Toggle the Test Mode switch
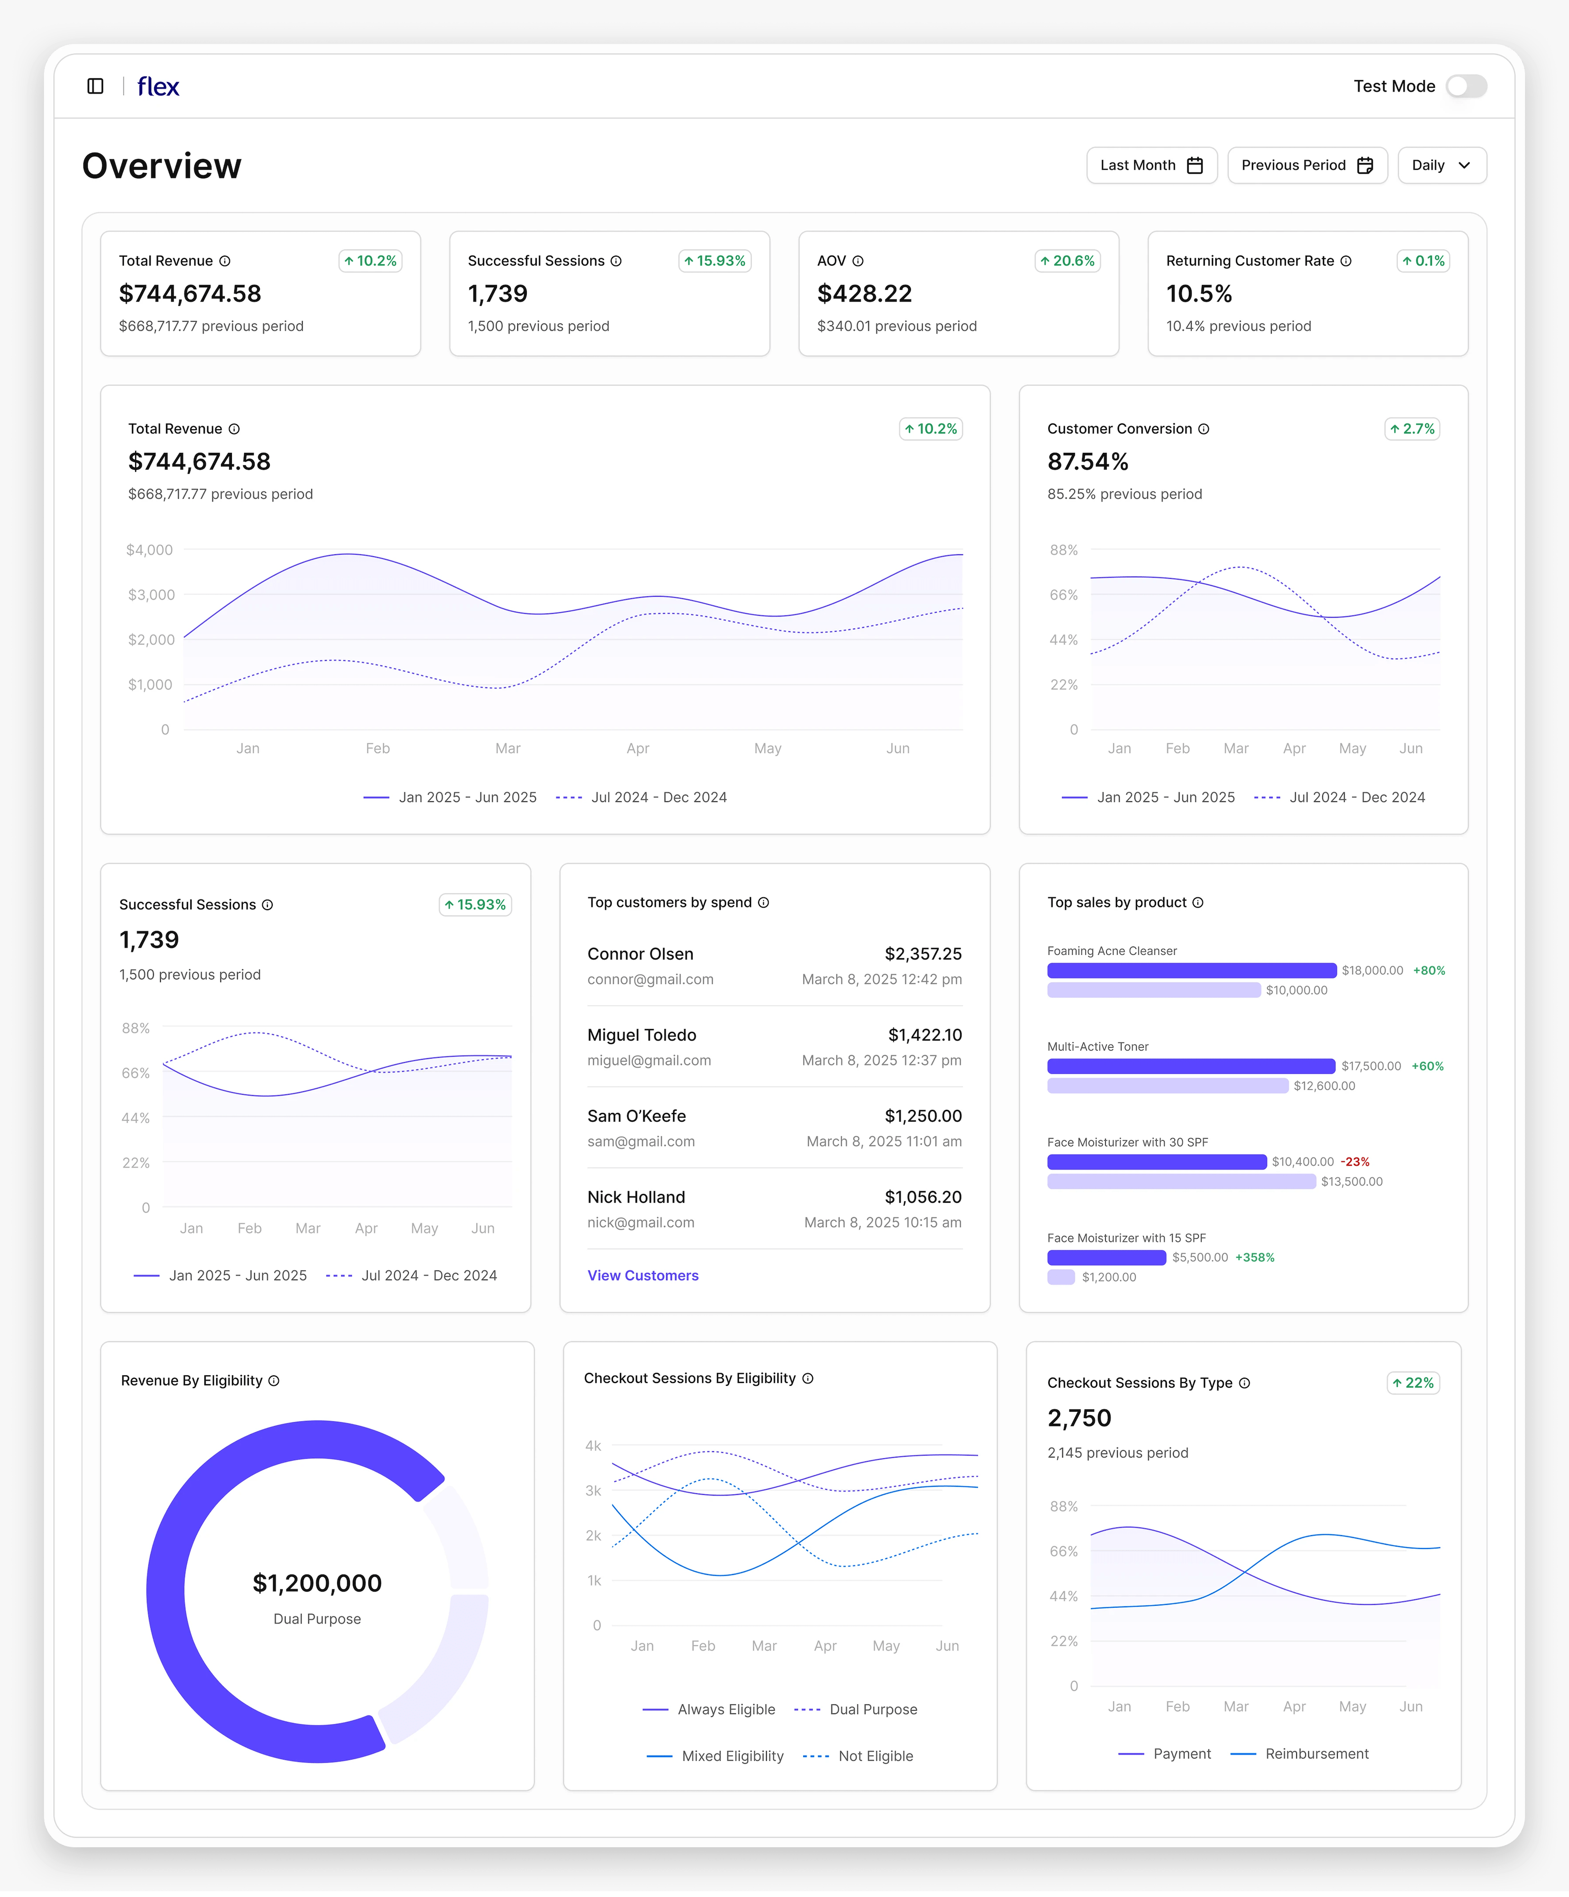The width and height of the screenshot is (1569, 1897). coord(1465,86)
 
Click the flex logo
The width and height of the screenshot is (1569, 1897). coord(158,87)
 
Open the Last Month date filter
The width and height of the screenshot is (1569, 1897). coord(1151,166)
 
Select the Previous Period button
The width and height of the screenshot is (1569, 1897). coord(1306,166)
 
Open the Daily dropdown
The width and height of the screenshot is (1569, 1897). coord(1441,166)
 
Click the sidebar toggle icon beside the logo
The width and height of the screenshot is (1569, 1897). coord(95,86)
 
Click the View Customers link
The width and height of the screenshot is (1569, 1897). coord(642,1276)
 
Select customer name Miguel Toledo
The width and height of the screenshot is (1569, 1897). coord(642,1035)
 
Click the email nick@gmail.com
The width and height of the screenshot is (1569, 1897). coord(641,1222)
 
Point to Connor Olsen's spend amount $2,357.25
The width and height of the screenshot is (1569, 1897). coord(922,954)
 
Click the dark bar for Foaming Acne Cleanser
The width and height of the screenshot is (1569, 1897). coord(1191,970)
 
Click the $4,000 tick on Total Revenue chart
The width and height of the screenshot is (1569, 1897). coord(149,550)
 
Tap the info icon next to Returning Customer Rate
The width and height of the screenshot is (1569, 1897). coord(1345,261)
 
